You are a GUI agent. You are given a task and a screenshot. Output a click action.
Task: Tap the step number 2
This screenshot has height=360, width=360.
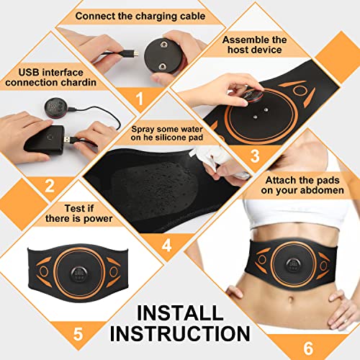pyautogui.click(x=49, y=186)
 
